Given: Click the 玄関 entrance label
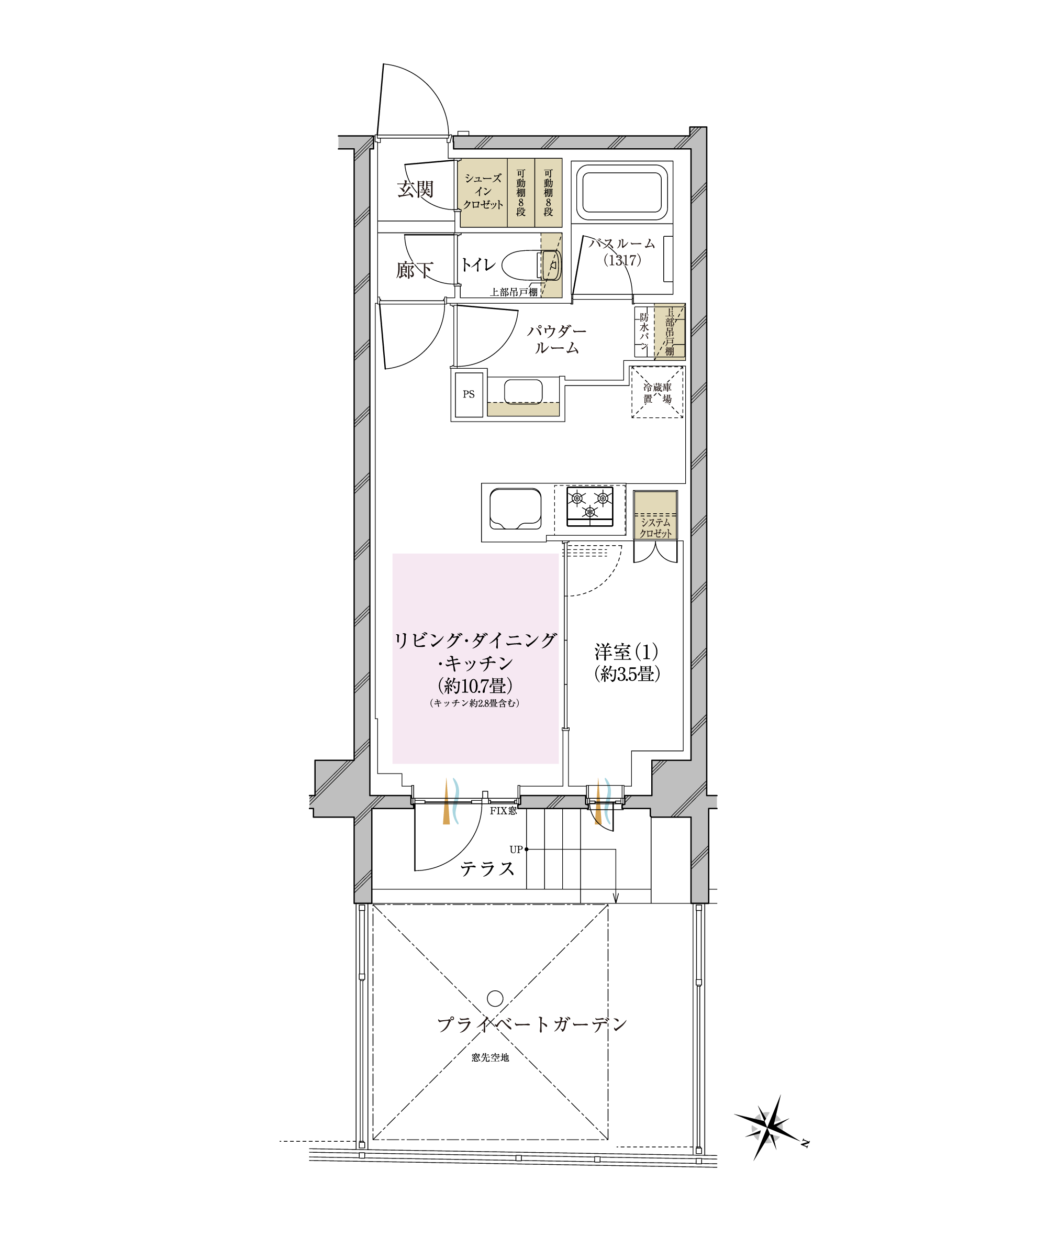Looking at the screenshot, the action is point(416,190).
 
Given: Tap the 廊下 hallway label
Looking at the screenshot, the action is point(415,270).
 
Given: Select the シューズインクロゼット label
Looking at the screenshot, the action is point(483,191).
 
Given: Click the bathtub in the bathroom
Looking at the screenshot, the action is point(622,192).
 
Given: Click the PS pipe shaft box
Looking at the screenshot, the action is point(469,394).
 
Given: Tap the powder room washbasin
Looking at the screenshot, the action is point(523,392).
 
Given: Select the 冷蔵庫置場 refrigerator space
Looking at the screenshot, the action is point(657,392).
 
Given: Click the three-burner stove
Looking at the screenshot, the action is point(590,506).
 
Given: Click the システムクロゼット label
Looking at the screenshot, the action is point(655,528).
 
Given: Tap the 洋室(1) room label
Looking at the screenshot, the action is point(627,652).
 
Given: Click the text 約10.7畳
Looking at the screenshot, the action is point(475,686).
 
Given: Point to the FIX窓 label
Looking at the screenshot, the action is point(503,811).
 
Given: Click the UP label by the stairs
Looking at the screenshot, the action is point(516,849).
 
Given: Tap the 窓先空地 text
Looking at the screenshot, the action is point(491,1057).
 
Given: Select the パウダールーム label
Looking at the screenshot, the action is point(556,339).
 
